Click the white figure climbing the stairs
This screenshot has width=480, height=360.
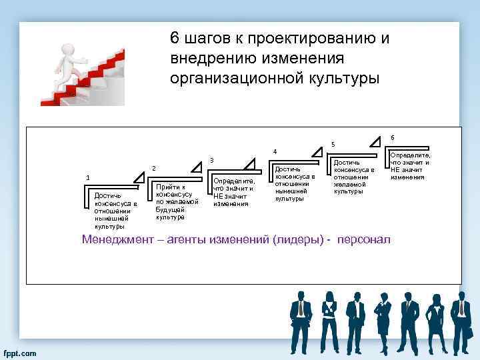click(70, 63)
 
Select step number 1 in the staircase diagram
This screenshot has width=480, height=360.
click(87, 177)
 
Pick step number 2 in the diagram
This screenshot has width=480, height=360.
click(154, 168)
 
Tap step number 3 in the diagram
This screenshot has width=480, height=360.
click(211, 160)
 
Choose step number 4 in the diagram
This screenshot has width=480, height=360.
click(275, 151)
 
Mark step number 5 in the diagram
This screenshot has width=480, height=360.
click(333, 145)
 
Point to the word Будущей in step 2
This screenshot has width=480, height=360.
click(169, 209)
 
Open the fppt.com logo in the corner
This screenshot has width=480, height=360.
click(21, 352)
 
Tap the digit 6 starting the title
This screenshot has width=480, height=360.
click(175, 39)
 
